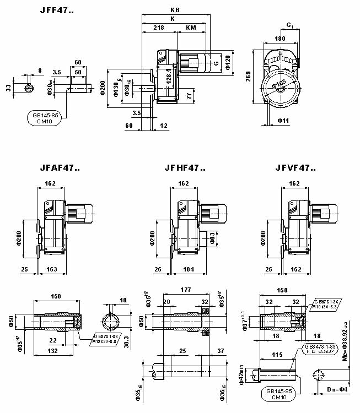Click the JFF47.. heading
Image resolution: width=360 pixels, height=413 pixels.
point(57,10)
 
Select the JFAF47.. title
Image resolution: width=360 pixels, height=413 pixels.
point(60,168)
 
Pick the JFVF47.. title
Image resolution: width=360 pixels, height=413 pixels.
point(291,168)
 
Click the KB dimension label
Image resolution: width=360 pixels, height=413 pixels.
point(174,10)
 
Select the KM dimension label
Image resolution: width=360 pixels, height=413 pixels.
point(191,27)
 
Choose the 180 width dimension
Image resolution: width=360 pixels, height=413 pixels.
point(280,39)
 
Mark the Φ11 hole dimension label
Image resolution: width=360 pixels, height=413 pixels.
point(283,119)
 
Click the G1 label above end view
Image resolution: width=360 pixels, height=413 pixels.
point(290,25)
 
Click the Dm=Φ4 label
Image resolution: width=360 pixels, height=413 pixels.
point(335,390)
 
